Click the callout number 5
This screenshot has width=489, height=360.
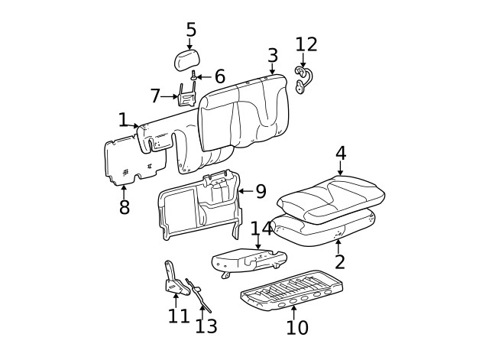(x=191, y=30)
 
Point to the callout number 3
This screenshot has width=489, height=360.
(x=273, y=55)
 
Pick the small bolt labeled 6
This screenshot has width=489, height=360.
(x=194, y=76)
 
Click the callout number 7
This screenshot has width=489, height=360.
(x=155, y=96)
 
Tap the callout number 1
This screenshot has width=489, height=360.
(x=123, y=120)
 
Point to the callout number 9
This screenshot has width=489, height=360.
(x=261, y=190)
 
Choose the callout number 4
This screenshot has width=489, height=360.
(x=340, y=153)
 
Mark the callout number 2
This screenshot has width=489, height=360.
(x=340, y=262)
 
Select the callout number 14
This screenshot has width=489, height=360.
(x=261, y=229)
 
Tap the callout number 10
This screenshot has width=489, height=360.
(x=297, y=327)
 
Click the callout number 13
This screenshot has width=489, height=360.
(x=206, y=326)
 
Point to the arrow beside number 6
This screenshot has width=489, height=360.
(x=205, y=76)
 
